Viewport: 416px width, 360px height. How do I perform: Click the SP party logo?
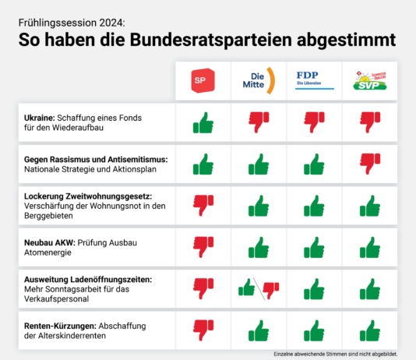(203, 79)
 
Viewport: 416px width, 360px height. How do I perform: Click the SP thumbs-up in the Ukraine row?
(203, 122)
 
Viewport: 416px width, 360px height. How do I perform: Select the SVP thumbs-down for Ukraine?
(369, 122)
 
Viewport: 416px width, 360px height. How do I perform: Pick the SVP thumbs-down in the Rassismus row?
(369, 164)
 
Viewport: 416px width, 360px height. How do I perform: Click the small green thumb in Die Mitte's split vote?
(248, 288)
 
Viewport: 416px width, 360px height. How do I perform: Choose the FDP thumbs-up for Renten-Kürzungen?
(314, 330)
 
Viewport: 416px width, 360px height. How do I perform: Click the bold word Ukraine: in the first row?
(43, 116)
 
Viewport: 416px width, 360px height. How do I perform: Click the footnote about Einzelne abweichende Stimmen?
(335, 354)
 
